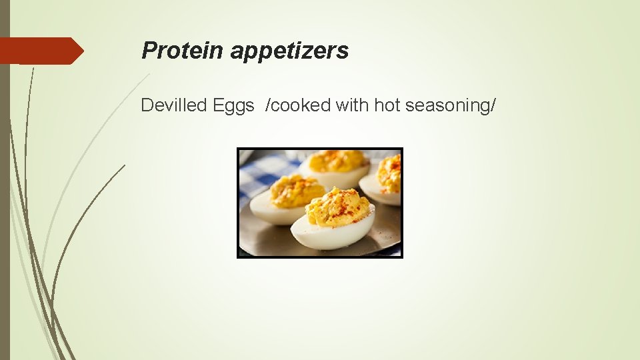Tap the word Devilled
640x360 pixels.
coord(174,105)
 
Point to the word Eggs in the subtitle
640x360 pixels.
coord(233,106)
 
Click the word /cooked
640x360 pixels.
coord(297,105)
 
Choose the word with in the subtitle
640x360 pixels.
coord(352,105)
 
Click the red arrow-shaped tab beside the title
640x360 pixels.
coord(40,51)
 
